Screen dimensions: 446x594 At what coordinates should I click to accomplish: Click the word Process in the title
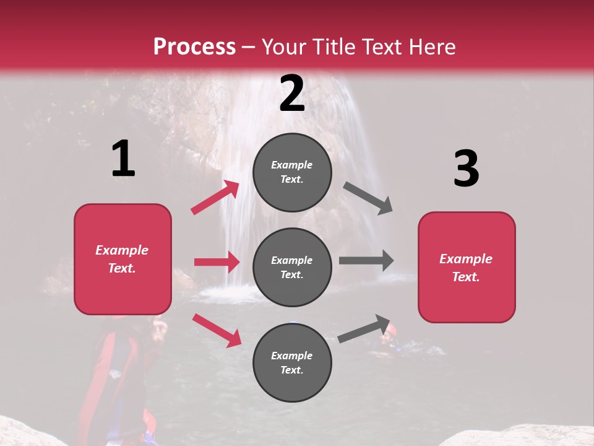tap(194, 47)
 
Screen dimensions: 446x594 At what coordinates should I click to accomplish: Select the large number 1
tap(123, 159)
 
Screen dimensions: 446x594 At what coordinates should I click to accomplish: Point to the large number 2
tap(292, 94)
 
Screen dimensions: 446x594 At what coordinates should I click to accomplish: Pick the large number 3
tap(466, 168)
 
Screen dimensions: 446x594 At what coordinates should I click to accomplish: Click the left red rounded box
tap(123, 259)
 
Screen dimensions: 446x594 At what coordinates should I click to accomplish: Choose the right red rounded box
tap(467, 267)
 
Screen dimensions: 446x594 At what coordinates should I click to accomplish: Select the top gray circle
tap(292, 172)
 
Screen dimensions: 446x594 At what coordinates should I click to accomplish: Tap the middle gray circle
tap(292, 267)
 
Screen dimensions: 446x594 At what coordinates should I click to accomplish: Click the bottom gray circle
tap(292, 362)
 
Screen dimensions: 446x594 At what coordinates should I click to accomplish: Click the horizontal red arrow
tap(217, 262)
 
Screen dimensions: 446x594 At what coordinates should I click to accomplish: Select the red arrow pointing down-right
tap(217, 330)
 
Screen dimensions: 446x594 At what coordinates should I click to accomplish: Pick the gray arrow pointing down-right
tap(368, 198)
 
